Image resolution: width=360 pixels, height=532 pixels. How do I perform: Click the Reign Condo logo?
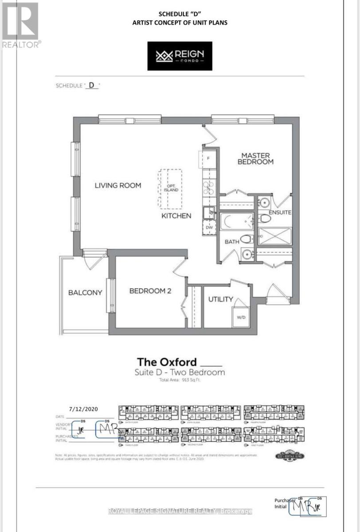[180, 56]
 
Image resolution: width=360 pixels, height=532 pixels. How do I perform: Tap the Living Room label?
[118, 185]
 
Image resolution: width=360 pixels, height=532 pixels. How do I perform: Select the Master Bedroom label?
[257, 158]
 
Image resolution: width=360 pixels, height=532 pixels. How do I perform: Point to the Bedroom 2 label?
[150, 291]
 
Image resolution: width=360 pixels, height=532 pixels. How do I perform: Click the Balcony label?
[85, 293]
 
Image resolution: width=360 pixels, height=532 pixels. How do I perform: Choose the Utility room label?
[221, 299]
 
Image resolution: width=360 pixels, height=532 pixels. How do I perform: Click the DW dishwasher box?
[208, 227]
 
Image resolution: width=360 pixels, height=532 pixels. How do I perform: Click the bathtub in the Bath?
[237, 221]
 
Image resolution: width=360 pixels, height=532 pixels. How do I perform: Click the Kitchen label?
[176, 216]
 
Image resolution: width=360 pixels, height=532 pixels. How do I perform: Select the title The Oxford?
[167, 362]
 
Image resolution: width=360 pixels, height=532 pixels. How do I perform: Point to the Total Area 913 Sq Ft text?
[180, 380]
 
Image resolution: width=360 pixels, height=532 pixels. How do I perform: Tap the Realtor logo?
[21, 24]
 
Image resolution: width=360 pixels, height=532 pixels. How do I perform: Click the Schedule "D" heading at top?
[180, 14]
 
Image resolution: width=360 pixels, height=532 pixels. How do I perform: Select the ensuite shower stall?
[275, 236]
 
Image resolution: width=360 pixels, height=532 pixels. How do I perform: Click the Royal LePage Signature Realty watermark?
[180, 511]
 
